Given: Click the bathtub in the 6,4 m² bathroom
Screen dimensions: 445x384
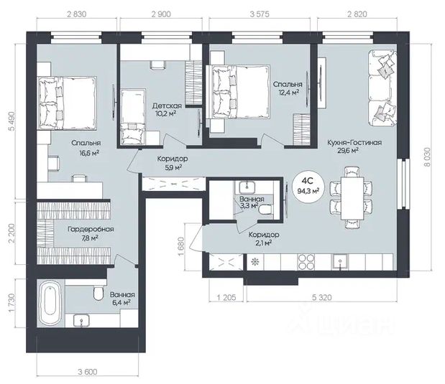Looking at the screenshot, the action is [x=50, y=303].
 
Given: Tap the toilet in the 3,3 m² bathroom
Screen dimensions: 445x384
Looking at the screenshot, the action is [x=266, y=210].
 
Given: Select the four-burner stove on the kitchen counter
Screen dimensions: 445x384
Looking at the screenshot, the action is [x=306, y=262].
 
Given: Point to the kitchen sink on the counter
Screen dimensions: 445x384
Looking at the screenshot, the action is [x=340, y=262].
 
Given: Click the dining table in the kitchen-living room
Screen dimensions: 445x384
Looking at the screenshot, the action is [x=352, y=198].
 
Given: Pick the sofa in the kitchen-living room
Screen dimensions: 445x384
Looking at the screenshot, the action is [x=382, y=88].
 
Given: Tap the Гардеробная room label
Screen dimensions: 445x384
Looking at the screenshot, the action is [x=91, y=229].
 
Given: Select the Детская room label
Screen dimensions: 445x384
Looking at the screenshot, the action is [x=167, y=106].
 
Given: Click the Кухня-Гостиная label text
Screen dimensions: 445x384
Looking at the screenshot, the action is [x=354, y=142].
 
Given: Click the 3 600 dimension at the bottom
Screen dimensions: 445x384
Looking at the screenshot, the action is [x=88, y=372].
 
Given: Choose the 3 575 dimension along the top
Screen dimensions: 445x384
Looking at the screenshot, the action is [x=260, y=14].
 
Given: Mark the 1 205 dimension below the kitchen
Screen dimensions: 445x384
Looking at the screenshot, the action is [x=226, y=297].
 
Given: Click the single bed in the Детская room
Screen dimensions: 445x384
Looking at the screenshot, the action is [x=133, y=117].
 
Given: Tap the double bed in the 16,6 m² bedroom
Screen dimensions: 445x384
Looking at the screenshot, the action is [x=68, y=103].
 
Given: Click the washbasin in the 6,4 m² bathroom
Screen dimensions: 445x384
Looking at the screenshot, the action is [x=81, y=320].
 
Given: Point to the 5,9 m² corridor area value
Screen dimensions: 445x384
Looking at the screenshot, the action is [x=173, y=167].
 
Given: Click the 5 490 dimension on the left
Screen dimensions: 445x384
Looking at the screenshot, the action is [x=12, y=121].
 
